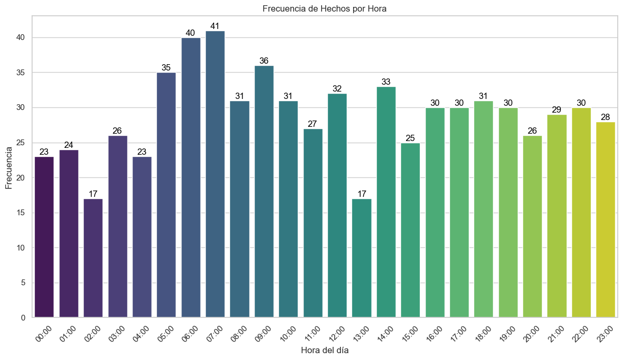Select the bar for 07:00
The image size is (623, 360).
pyautogui.click(x=215, y=174)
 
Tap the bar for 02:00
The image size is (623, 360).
pyautogui.click(x=93, y=258)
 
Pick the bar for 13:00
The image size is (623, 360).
pyautogui.click(x=362, y=258)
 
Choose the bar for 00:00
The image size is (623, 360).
pyautogui.click(x=44, y=237)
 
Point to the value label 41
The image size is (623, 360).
pyautogui.click(x=215, y=26)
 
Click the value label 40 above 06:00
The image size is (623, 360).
pyautogui.click(x=190, y=33)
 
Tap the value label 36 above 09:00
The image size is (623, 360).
pyautogui.click(x=264, y=61)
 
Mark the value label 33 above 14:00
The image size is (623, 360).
pyautogui.click(x=386, y=82)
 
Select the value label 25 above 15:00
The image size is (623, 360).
pyautogui.click(x=410, y=138)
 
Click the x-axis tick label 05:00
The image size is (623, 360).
pyautogui.click(x=165, y=334)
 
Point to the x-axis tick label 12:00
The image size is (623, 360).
pyautogui.click(x=336, y=334)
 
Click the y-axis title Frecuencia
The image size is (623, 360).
pyautogui.click(x=9, y=167)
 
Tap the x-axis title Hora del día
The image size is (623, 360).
pyautogui.click(x=325, y=350)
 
